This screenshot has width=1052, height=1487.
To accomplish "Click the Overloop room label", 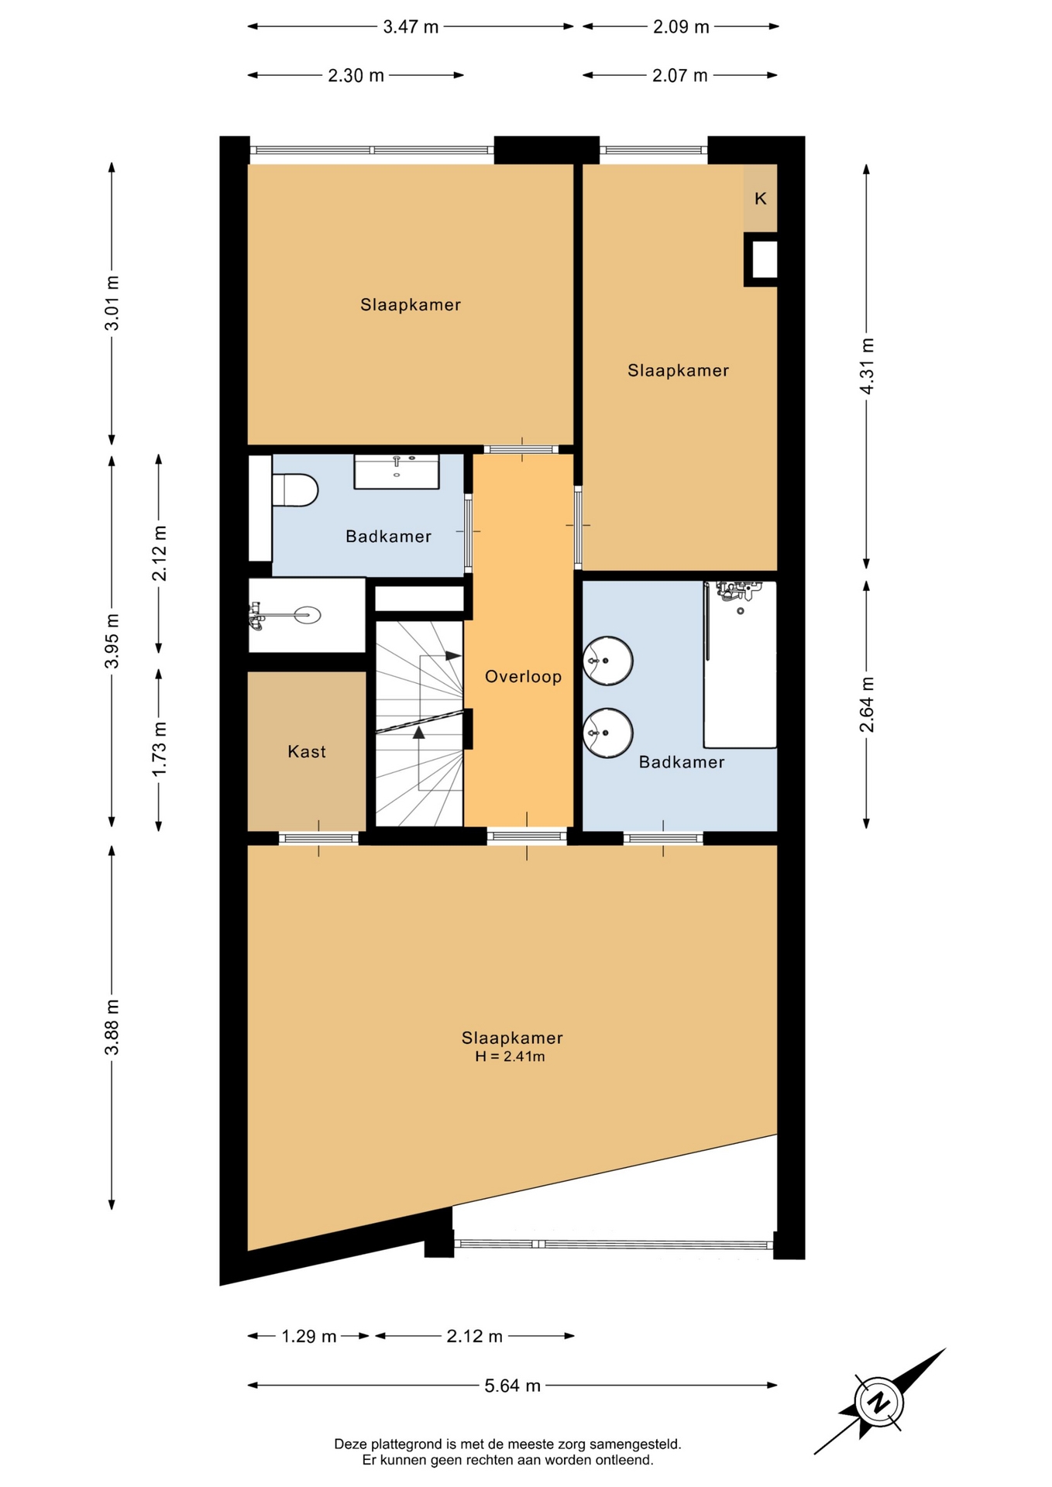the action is [x=523, y=677].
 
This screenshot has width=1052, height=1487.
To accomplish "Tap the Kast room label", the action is [x=307, y=751].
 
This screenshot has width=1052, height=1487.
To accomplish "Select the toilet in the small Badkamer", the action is [x=295, y=490].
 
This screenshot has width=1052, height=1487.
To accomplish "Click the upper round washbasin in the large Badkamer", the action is [x=608, y=661].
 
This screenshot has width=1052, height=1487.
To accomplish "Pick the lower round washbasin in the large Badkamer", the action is [x=608, y=733].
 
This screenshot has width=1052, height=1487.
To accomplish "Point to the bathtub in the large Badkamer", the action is [x=740, y=665].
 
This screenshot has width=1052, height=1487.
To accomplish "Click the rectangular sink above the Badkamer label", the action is [x=397, y=472].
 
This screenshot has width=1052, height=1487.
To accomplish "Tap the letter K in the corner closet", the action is [x=761, y=198].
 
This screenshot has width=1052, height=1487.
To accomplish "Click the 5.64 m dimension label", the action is [x=513, y=1386].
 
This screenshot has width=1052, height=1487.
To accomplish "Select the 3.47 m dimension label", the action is [x=411, y=27].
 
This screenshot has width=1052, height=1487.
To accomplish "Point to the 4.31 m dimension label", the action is [x=867, y=366].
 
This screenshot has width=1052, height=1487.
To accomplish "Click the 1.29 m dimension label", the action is [x=308, y=1336].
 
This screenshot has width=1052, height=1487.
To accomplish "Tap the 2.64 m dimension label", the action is [x=867, y=705].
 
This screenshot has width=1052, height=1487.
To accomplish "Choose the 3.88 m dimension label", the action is [x=112, y=1027].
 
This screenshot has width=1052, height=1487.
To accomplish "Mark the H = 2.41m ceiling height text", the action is [x=510, y=1056].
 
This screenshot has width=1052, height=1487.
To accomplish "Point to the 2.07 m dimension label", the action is [x=679, y=76].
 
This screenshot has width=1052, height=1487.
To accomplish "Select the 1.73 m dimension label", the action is [x=160, y=750].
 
